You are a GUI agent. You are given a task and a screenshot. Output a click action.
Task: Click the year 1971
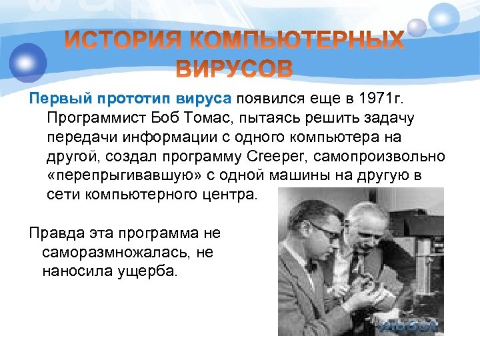coord(369,99)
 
